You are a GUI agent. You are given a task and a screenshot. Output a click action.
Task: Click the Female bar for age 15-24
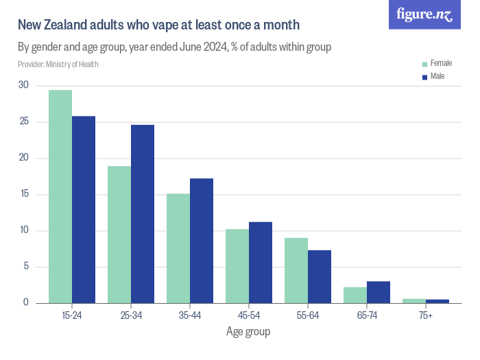point(60,197)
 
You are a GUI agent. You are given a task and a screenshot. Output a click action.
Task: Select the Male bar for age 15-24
point(84,210)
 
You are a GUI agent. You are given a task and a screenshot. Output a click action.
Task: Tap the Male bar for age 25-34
point(143,214)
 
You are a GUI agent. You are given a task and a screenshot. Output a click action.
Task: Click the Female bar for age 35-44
point(178,248)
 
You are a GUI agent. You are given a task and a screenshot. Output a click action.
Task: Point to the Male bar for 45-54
point(261,263)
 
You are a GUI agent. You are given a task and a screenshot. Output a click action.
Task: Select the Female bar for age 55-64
point(296,270)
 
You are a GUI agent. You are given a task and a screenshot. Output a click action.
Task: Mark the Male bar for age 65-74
point(379,292)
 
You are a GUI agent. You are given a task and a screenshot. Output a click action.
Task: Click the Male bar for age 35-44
point(202,241)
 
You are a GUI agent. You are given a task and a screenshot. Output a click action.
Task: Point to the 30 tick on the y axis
point(24,85)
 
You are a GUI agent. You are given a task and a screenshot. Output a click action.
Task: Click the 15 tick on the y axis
point(24,194)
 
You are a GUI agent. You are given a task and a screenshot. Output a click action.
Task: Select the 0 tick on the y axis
point(26,302)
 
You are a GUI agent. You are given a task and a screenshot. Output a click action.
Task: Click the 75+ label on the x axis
point(426,315)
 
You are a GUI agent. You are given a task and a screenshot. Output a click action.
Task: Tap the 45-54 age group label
point(249,315)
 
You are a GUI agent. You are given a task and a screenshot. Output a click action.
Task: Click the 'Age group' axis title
point(248,332)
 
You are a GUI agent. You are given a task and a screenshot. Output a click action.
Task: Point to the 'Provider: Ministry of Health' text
point(58,64)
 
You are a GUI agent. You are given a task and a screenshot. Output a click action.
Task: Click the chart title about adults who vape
point(158,25)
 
